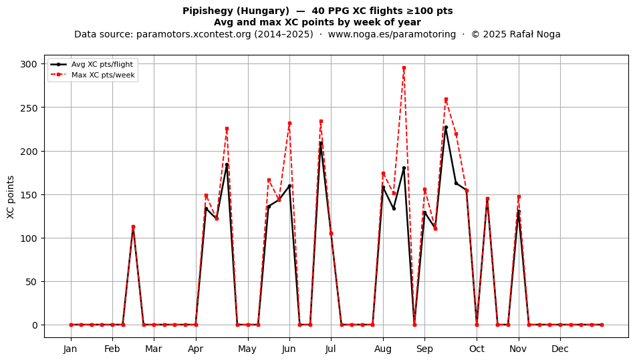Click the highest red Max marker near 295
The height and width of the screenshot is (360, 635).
coord(404,68)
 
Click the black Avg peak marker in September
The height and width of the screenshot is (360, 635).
coord(446,128)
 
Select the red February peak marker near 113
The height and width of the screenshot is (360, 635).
coord(133,227)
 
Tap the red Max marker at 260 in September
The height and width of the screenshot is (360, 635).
coord(446,99)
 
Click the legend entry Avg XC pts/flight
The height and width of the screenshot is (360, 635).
coord(102,64)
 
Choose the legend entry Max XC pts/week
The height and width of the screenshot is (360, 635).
coord(103,75)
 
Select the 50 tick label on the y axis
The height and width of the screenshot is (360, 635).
coord(31,282)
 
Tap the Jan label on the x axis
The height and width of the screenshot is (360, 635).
coord(70,349)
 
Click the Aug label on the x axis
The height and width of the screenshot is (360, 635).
coord(383,349)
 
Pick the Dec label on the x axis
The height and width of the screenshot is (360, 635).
coord(560,349)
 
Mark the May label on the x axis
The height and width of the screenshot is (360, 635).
coord(247,349)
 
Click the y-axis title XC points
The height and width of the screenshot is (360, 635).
coord(11,197)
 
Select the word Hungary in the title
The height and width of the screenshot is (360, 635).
coord(259,11)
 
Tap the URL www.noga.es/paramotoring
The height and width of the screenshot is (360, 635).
coord(392,34)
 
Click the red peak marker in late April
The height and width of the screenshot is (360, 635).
coord(227,129)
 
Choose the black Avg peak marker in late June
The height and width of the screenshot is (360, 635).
coord(321,143)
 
